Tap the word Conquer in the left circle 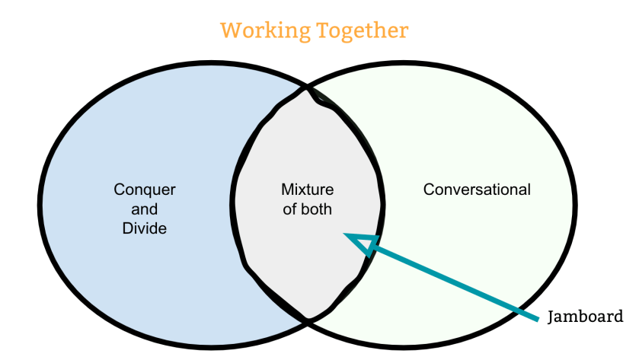[145, 190]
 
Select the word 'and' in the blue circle [145, 209]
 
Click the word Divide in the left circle [145, 227]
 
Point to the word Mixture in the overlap [308, 190]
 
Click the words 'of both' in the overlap [308, 209]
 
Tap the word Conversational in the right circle [477, 190]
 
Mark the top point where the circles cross [308, 89]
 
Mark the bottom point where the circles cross [308, 320]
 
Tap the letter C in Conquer [119, 190]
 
